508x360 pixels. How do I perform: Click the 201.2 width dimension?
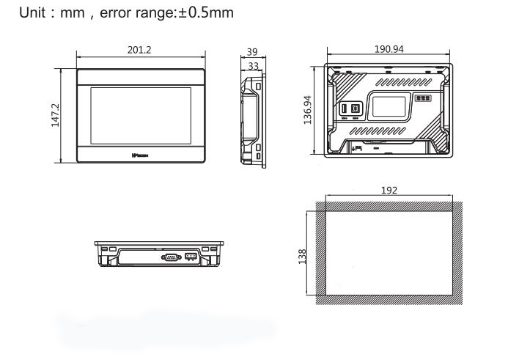point(140,50)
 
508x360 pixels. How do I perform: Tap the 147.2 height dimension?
point(55,115)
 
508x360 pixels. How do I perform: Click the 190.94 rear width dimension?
point(389,50)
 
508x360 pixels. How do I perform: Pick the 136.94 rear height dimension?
point(309,109)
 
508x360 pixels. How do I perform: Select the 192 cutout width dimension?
point(389,190)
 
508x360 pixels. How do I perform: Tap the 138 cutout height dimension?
point(309,256)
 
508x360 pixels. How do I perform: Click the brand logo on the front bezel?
point(141,156)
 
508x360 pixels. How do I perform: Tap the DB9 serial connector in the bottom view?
point(171,257)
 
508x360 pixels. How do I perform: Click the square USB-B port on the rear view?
point(355,107)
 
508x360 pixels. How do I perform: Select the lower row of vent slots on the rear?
point(381,130)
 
